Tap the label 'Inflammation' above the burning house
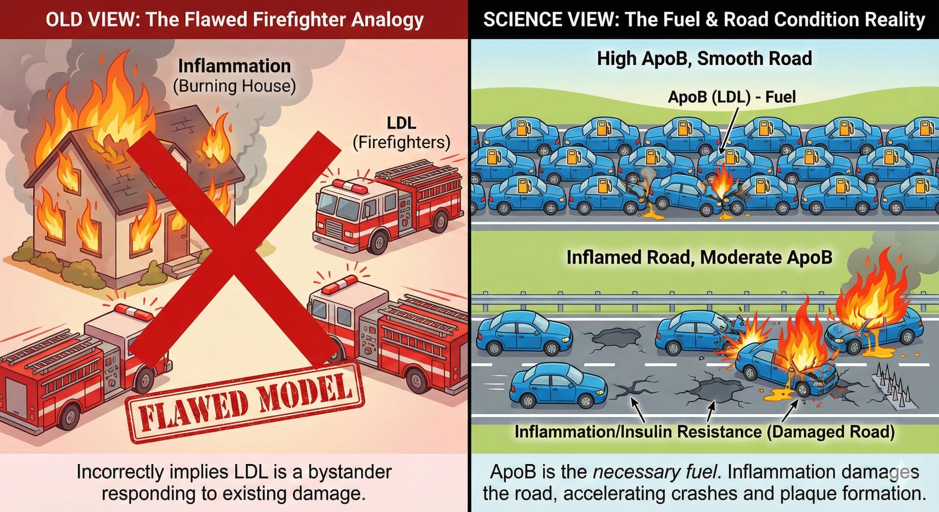pos(234,66)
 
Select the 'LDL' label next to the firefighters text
pos(401,123)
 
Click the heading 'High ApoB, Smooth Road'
pos(704,59)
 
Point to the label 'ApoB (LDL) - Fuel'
pos(732,97)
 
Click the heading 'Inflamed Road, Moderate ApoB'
pos(699,257)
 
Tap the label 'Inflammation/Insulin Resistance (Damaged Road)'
pos(704,432)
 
